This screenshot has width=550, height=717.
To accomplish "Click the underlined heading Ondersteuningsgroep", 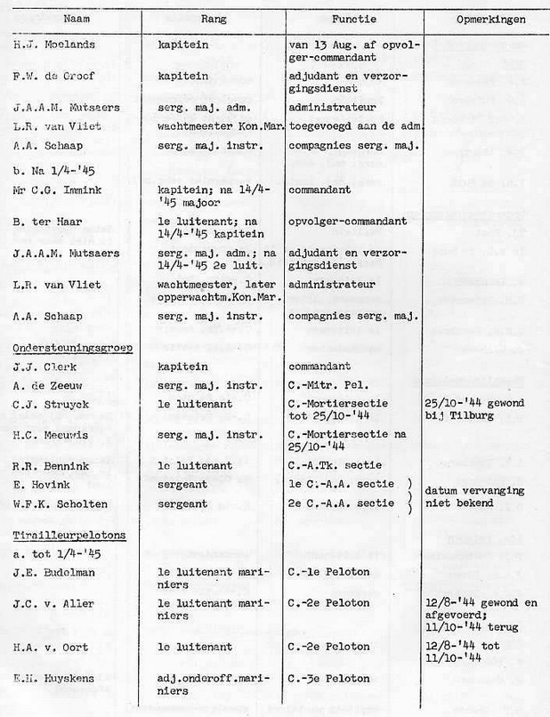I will click(x=72, y=347).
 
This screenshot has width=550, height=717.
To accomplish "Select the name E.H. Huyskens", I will click(x=54, y=679).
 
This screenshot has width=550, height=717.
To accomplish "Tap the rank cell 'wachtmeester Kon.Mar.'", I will click(x=219, y=126).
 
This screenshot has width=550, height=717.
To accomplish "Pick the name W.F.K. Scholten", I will click(x=59, y=504).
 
